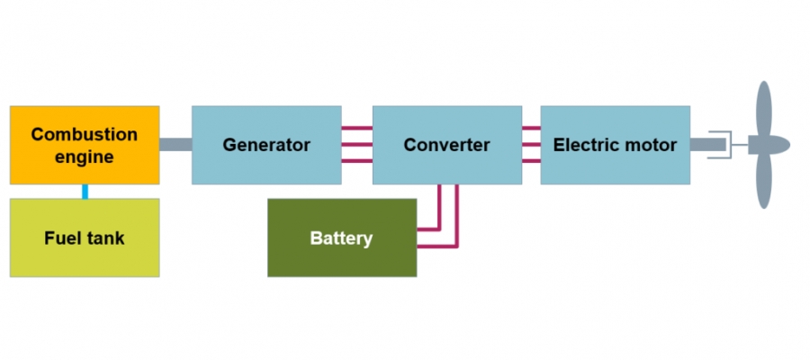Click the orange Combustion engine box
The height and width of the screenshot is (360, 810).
click(85, 145)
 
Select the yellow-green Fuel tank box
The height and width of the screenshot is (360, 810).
click(85, 238)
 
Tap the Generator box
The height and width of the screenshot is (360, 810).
click(266, 145)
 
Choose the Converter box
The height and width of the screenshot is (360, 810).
click(446, 145)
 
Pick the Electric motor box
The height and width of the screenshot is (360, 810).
click(615, 145)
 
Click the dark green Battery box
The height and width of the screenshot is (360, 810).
click(342, 238)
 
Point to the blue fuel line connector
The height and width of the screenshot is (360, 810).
click(85, 191)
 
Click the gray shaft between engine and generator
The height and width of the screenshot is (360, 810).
click(175, 145)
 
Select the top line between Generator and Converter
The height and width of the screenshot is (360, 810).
click(357, 129)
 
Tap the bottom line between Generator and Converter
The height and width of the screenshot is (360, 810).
click(357, 161)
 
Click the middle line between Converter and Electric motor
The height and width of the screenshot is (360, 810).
click(531, 145)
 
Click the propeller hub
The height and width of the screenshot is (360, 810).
click(770, 145)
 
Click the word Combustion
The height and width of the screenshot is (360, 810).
click(85, 134)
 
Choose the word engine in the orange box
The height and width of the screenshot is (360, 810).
click(85, 157)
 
